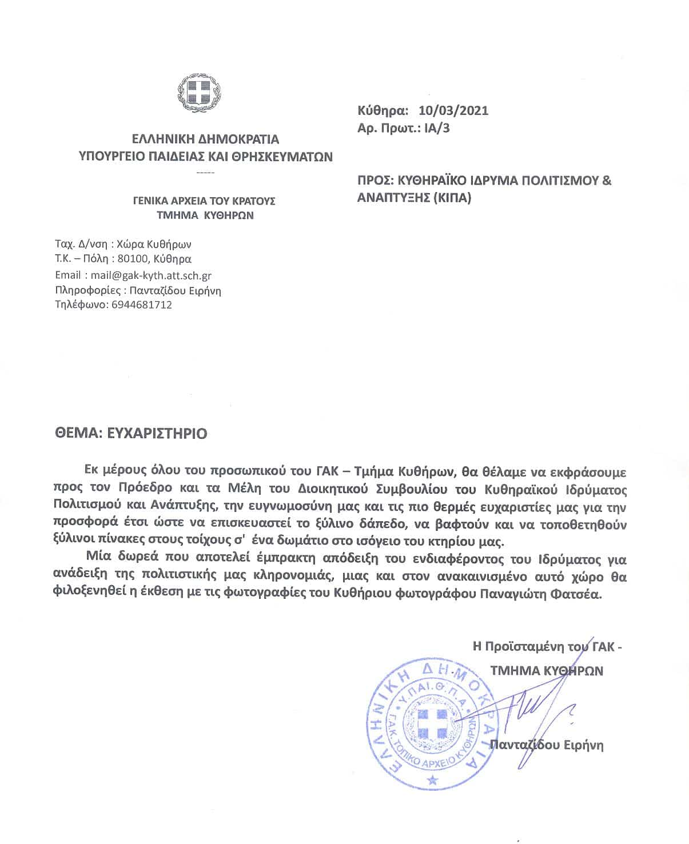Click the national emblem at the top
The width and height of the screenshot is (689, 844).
pos(199,93)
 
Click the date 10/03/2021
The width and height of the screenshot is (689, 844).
pos(453,110)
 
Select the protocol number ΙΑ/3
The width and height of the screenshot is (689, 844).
pos(437,127)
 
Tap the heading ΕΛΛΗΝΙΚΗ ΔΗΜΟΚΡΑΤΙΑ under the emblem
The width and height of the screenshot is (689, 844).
pos(205,139)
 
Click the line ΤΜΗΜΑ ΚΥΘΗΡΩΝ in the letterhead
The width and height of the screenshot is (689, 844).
pos(205,215)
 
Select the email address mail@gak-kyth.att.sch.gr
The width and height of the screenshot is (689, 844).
pos(151,275)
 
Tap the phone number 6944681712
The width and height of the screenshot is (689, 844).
pos(140,305)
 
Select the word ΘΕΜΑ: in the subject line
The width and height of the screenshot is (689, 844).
pos(78,433)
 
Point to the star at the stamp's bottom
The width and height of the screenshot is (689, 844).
pos(433,779)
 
